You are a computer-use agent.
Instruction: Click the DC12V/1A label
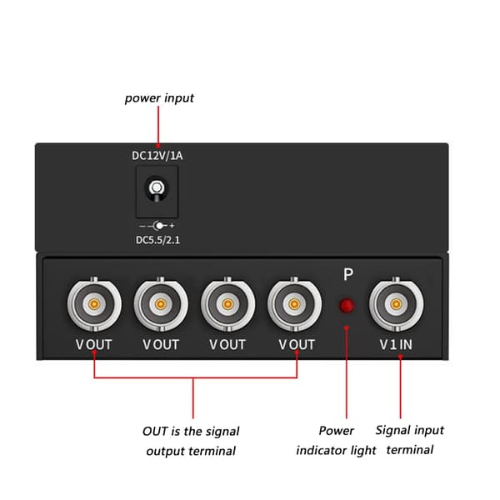tap(157, 156)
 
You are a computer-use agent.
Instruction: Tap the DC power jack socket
tap(157, 192)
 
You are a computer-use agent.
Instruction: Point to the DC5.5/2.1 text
tap(157, 240)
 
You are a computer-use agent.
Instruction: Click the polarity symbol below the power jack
tap(157, 226)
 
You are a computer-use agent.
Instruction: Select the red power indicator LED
tap(347, 306)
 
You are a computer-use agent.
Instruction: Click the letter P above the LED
tap(347, 274)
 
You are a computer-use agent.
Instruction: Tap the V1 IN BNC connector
tap(396, 304)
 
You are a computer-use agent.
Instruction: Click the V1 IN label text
tap(396, 344)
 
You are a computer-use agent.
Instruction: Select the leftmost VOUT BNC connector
tap(94, 304)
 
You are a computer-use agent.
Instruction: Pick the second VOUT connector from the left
tap(161, 304)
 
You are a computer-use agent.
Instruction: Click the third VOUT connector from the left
tap(227, 304)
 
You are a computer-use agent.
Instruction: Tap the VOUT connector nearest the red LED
tap(294, 304)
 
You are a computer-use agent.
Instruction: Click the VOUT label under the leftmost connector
tap(93, 345)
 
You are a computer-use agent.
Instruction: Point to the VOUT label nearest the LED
tap(297, 345)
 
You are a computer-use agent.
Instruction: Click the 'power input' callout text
tap(159, 97)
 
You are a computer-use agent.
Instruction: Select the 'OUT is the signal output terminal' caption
tap(191, 441)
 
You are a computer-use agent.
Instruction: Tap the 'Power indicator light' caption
tap(336, 440)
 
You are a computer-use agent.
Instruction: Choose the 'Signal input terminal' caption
tap(410, 440)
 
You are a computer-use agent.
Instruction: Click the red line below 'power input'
tap(158, 126)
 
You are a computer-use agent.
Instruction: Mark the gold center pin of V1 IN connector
tap(396, 304)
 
